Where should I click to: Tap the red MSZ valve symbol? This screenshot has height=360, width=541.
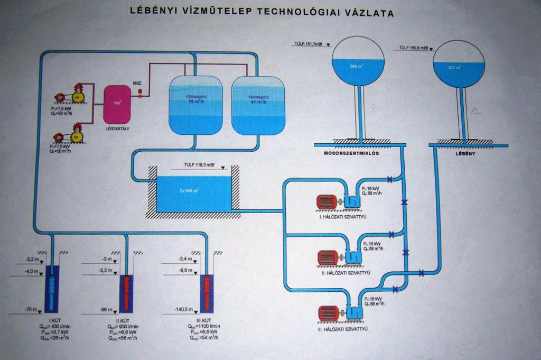click(141, 91)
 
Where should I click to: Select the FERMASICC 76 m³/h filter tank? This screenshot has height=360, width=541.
click(195, 104)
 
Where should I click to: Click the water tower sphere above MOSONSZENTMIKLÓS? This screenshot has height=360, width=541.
click(358, 64)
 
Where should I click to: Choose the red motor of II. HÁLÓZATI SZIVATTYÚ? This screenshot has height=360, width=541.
click(328, 257)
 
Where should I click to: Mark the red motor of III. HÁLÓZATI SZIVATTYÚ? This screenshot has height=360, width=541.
click(329, 314)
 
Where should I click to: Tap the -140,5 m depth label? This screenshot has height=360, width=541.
click(186, 310)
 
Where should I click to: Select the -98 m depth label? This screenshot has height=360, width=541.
click(107, 310)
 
